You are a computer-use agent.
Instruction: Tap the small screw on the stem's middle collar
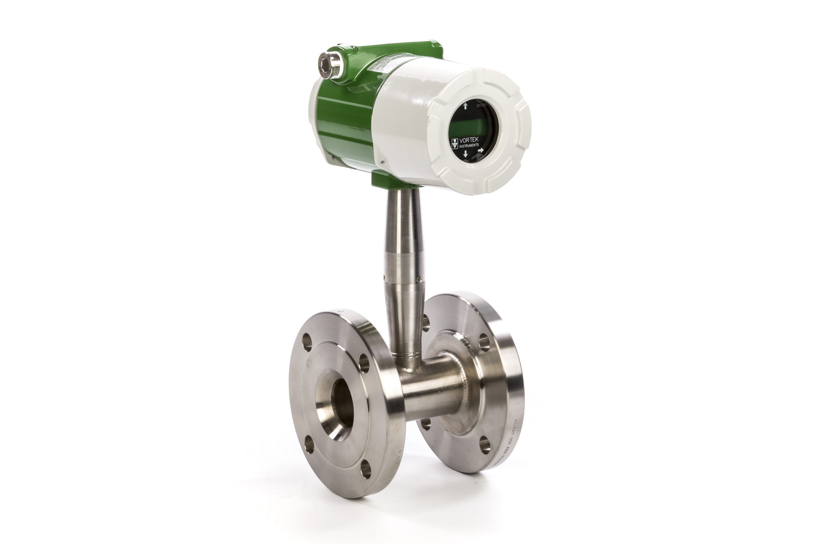point(385,276)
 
